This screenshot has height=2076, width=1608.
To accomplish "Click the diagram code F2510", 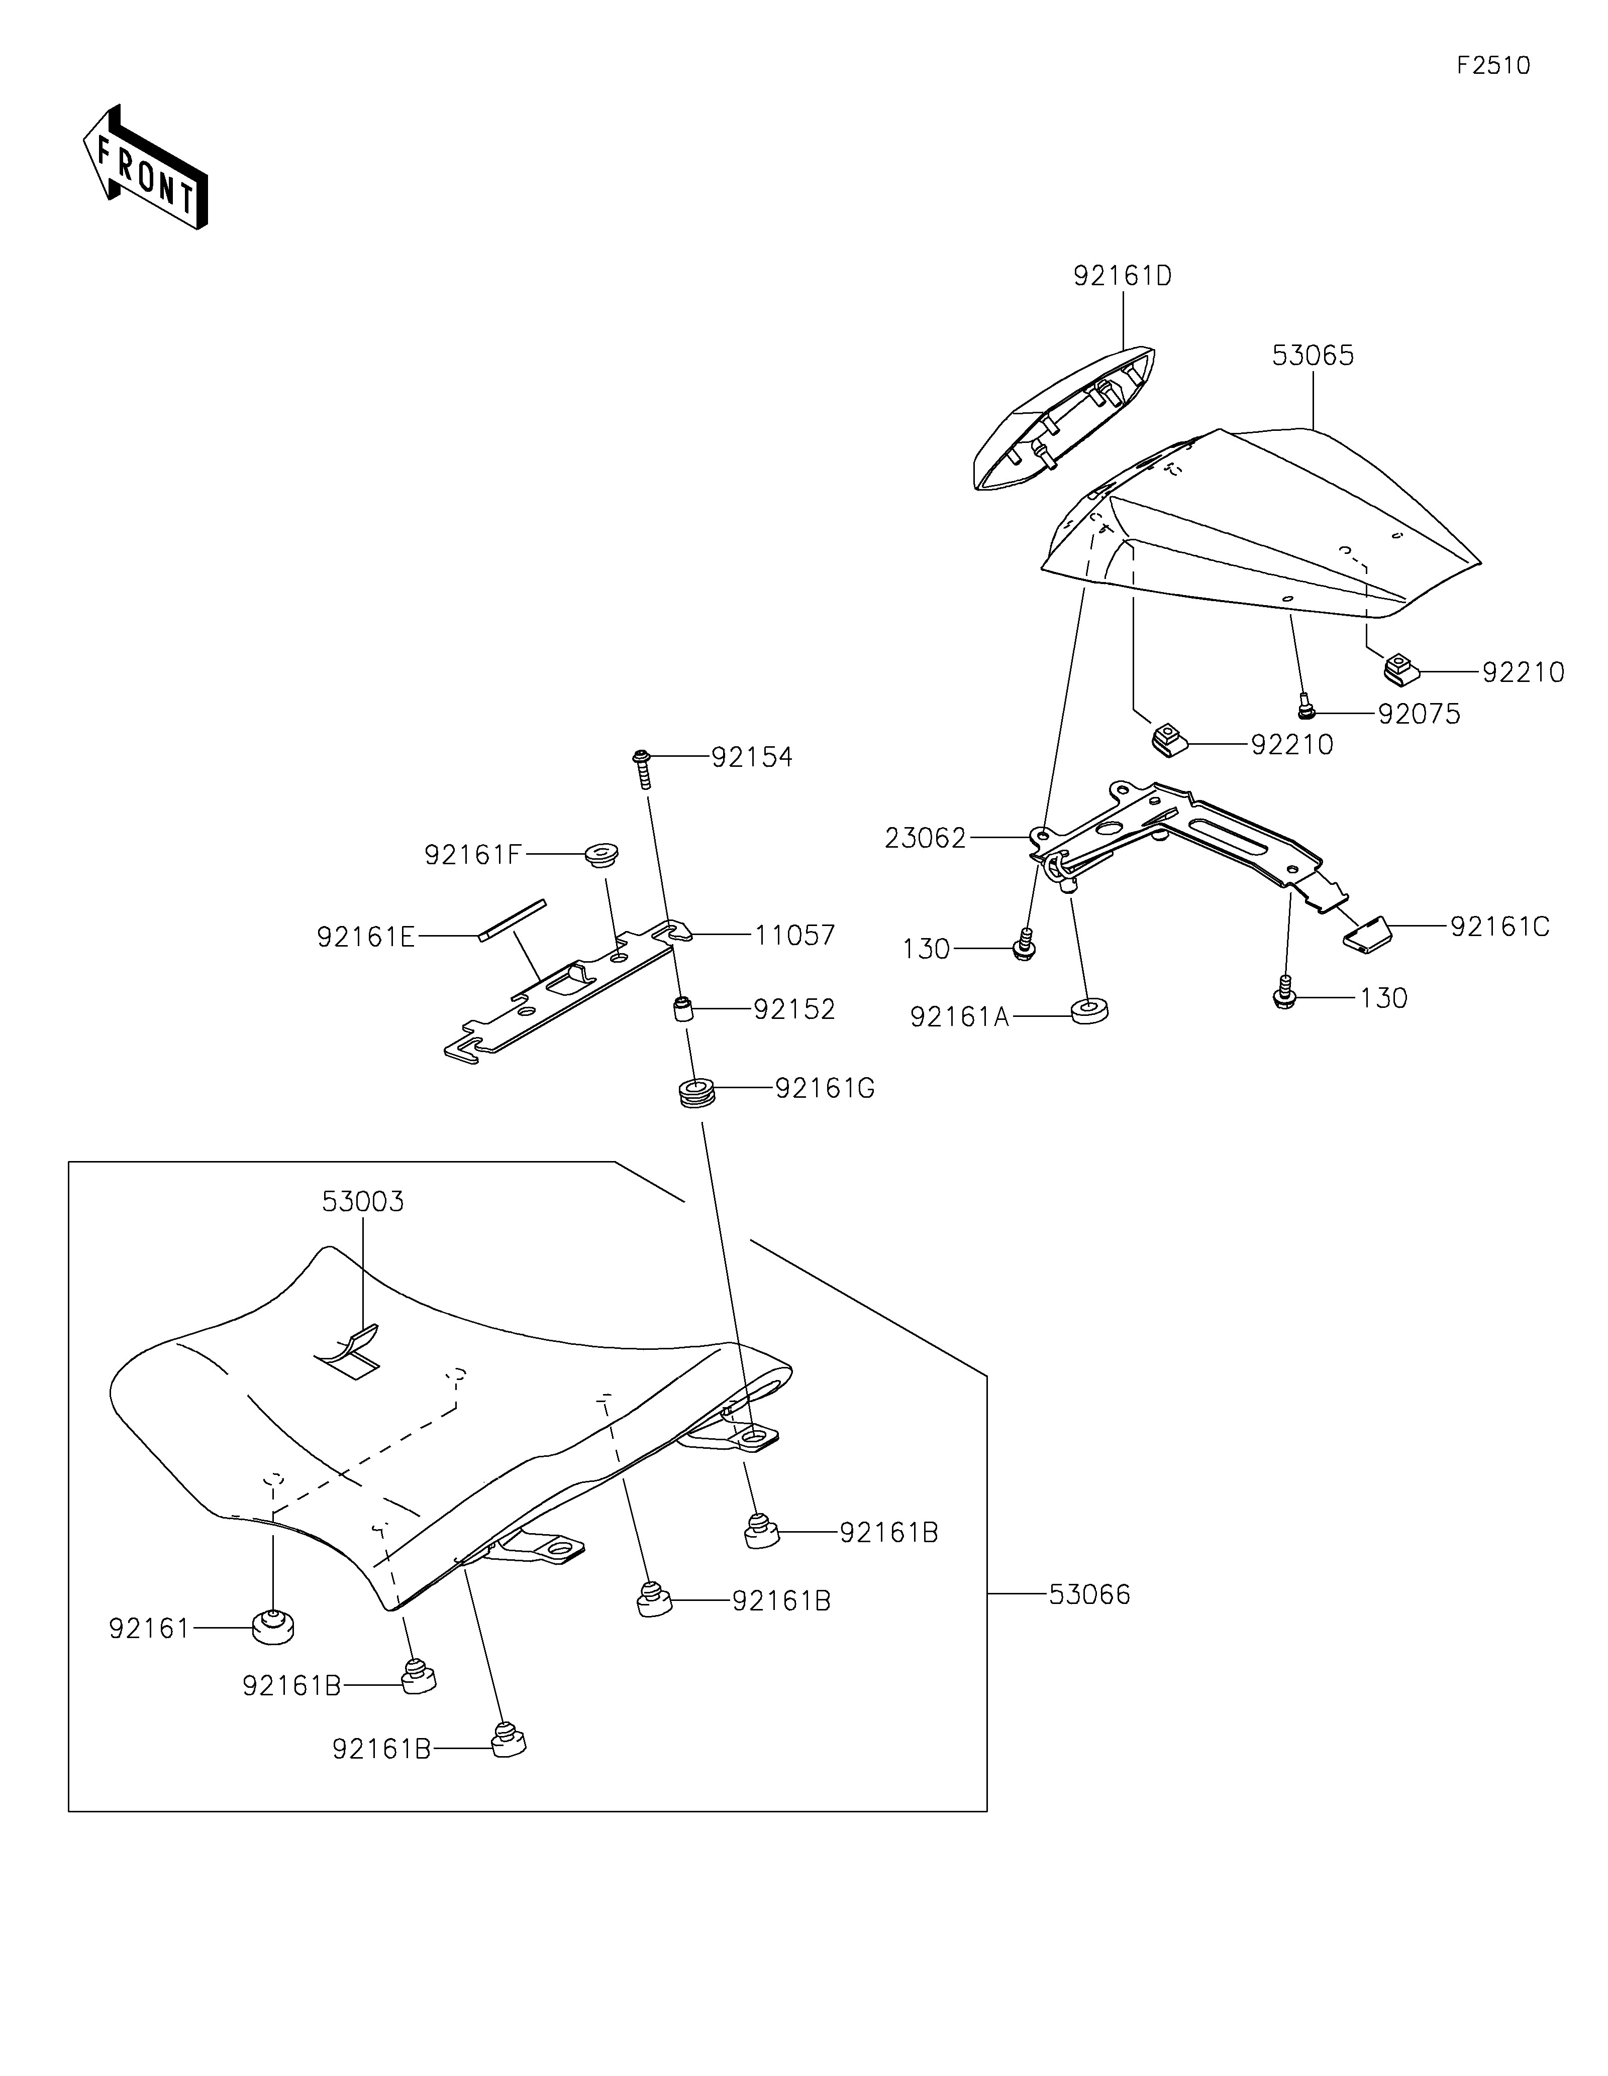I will point(1493,66).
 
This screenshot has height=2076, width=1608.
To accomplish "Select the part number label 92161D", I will point(1122,276).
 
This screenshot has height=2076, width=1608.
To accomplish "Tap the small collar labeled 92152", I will point(682,1007).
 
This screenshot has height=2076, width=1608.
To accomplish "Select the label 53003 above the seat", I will point(362,1202).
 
